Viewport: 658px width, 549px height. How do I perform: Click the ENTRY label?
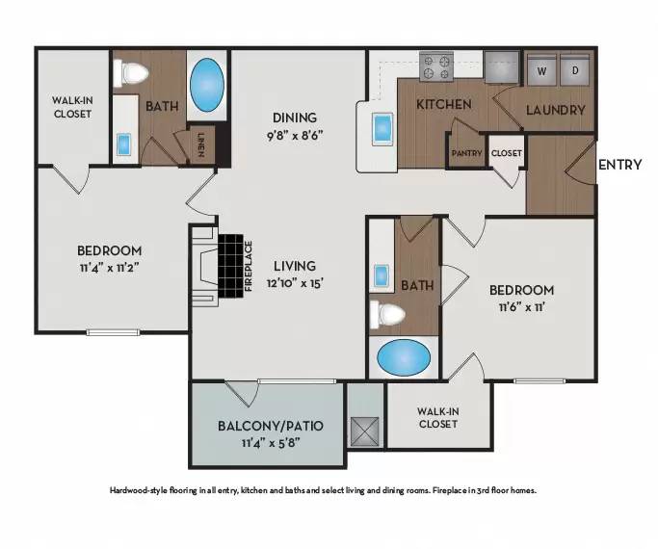(x=619, y=165)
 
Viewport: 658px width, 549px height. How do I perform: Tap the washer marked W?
(x=540, y=70)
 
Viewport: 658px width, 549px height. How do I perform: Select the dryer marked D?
(x=575, y=70)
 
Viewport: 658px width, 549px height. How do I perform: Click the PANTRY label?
(x=466, y=153)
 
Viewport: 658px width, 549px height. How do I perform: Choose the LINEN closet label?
(x=201, y=145)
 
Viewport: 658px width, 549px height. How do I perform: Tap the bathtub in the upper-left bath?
(x=205, y=85)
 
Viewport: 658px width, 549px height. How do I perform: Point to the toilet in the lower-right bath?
(x=390, y=313)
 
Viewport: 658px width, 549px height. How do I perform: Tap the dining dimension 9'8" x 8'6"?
(x=295, y=136)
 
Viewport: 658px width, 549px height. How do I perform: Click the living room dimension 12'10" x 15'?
(x=296, y=282)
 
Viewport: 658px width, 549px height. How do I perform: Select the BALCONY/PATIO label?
(x=269, y=425)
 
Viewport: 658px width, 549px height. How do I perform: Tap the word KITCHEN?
(x=443, y=104)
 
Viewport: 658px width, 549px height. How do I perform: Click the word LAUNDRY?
(x=556, y=110)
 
